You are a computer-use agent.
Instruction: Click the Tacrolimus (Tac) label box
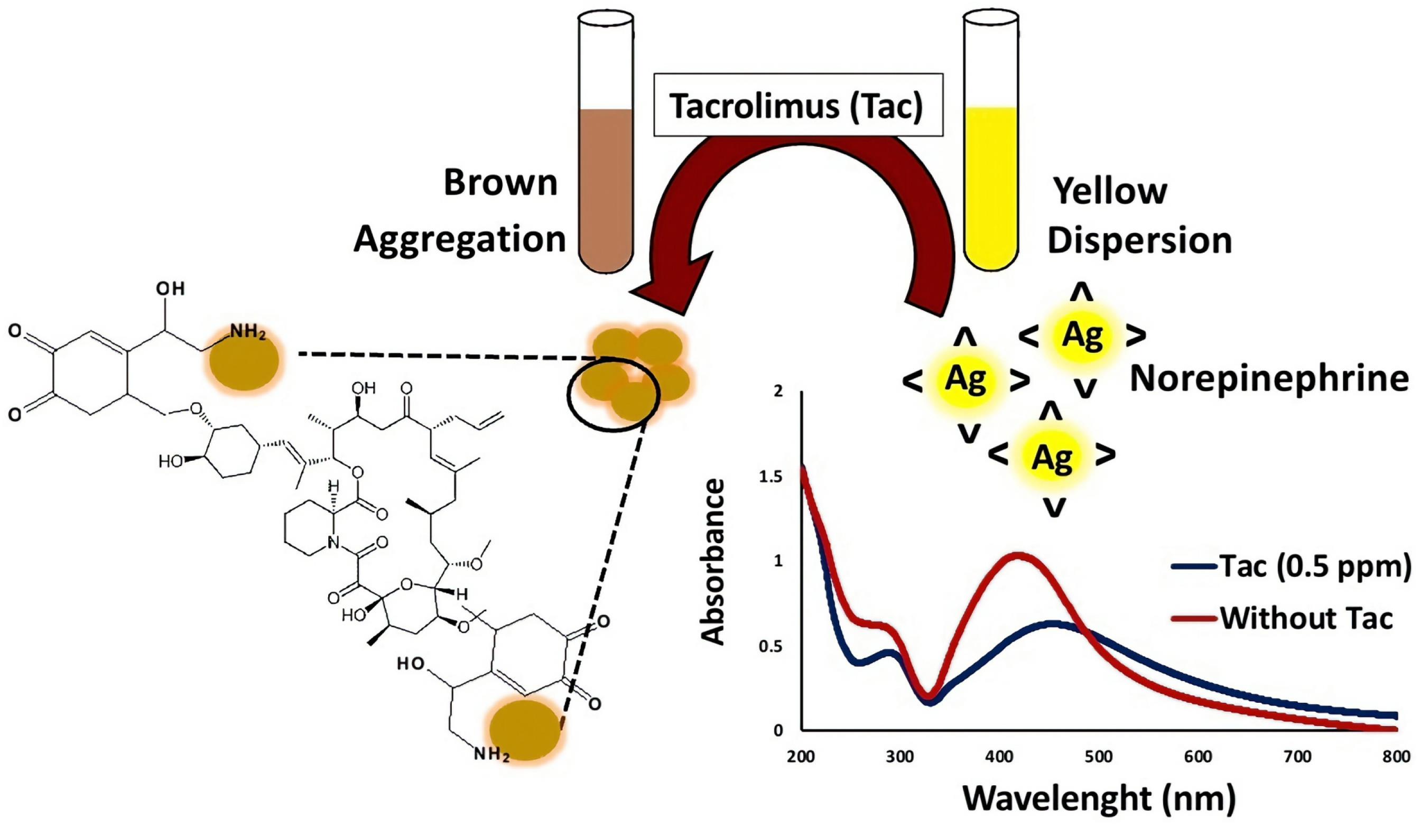[x=797, y=104]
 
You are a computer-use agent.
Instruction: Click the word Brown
[x=500, y=184]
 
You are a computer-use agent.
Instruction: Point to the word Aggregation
[x=459, y=239]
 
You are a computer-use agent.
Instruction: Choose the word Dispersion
[x=1139, y=241]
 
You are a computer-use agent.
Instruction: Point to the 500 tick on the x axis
[x=1099, y=757]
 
